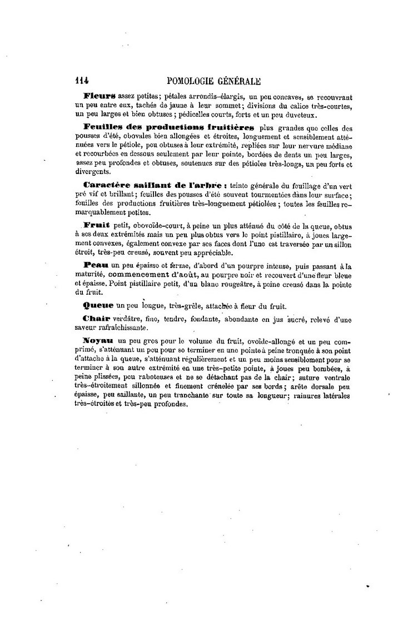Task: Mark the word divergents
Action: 91,172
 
